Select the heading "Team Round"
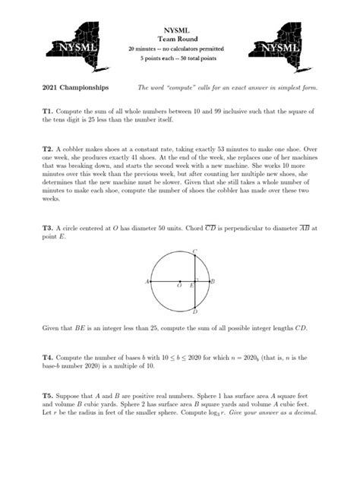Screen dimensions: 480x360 (180, 38)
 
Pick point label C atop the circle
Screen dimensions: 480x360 (195, 251)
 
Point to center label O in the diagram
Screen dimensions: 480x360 (179, 286)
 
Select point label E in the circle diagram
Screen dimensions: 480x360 (191, 286)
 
